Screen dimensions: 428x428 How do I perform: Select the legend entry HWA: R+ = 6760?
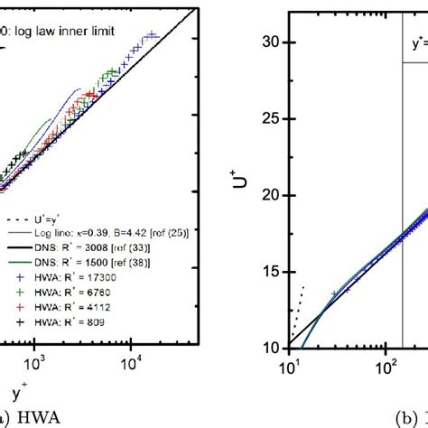64,282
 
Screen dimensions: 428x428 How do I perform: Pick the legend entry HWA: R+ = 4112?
64,294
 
